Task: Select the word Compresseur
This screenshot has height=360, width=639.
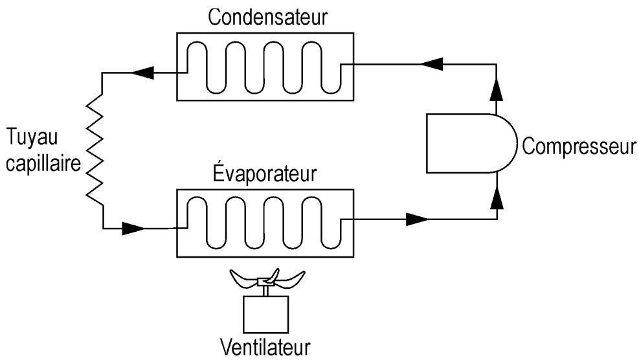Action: [x=579, y=146]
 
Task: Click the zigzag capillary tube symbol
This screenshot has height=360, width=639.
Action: [x=95, y=150]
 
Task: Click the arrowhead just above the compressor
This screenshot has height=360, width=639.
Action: [x=497, y=90]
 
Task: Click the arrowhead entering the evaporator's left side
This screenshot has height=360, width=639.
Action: [x=133, y=229]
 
